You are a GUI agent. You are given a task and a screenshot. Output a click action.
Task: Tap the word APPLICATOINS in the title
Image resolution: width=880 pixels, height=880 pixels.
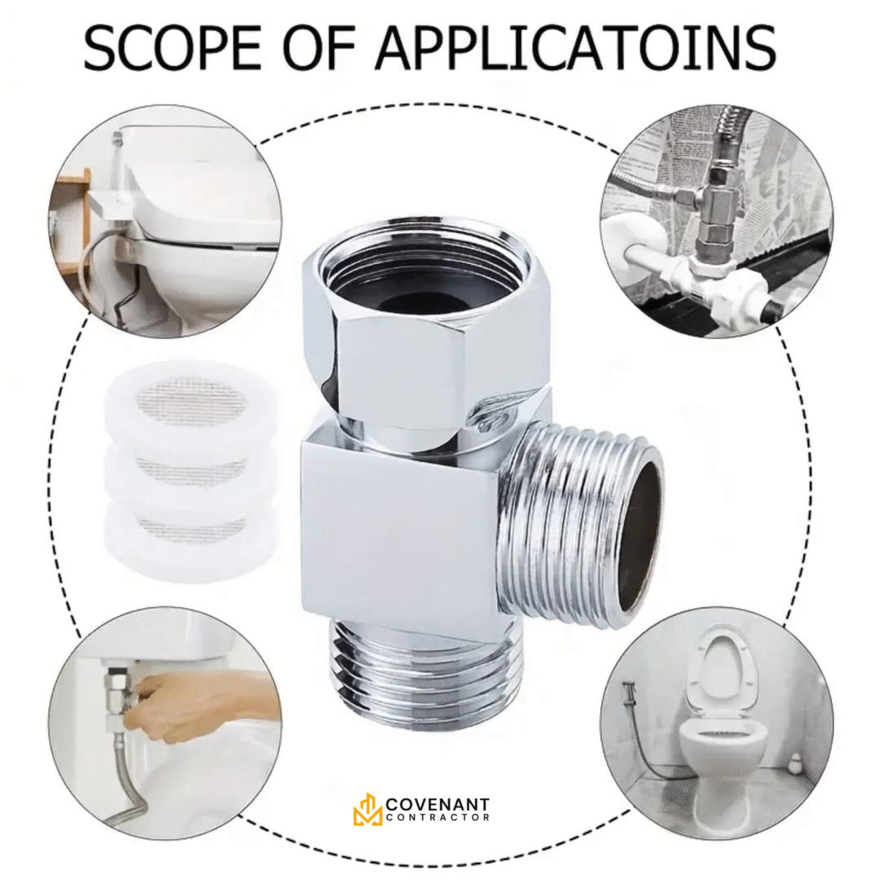[x=576, y=47]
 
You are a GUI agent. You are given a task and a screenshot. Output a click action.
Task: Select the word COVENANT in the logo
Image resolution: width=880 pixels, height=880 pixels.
[x=438, y=804]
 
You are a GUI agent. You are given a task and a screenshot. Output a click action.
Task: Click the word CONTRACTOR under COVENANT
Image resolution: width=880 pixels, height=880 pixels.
[x=438, y=818]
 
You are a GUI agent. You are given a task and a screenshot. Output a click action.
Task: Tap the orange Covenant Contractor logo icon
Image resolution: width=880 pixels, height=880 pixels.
[x=367, y=809]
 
